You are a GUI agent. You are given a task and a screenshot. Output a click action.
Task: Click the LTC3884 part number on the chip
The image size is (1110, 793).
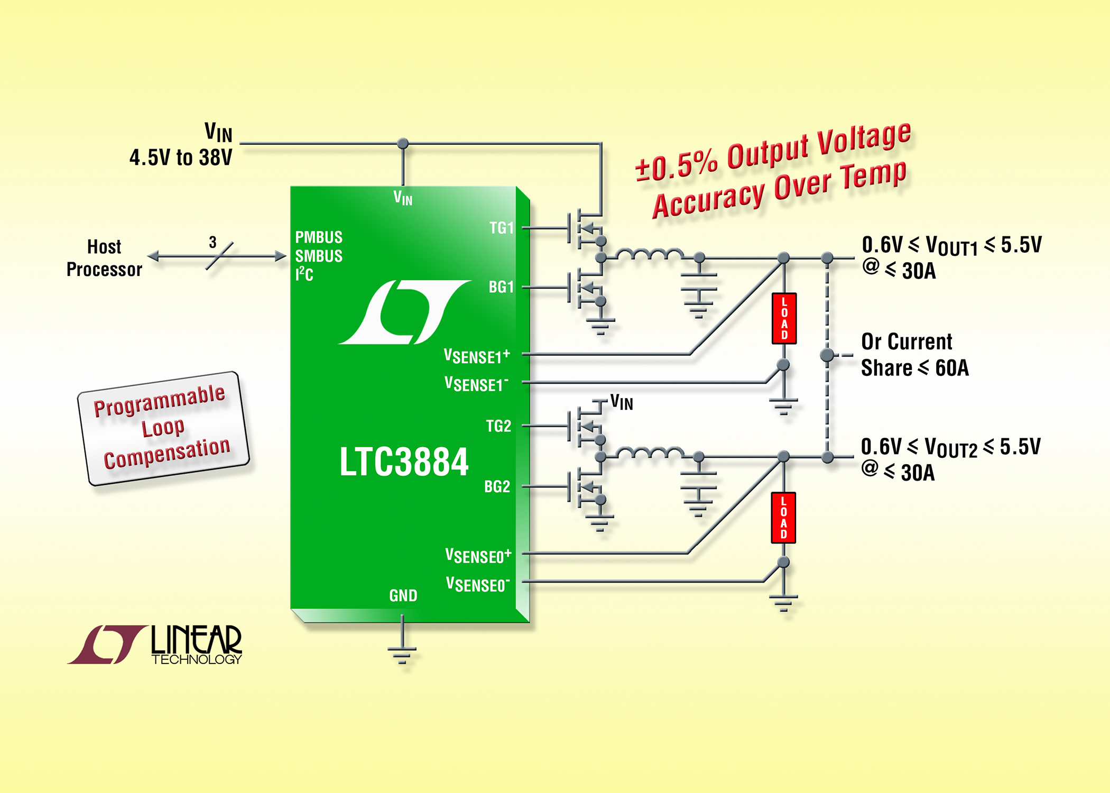pos(404,462)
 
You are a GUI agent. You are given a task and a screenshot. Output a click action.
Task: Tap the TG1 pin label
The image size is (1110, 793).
pos(501,228)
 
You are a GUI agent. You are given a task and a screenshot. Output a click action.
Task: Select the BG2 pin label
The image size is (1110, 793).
pos(497,486)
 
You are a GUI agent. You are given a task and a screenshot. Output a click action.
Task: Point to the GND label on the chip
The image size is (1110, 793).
pos(403,596)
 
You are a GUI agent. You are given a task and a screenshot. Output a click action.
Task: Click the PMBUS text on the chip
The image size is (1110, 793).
pos(319,237)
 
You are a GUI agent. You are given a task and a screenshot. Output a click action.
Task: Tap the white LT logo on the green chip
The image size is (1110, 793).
pos(404,312)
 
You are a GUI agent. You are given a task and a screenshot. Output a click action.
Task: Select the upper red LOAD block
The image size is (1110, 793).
pos(784,318)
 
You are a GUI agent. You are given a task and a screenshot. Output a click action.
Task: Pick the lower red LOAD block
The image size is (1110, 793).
pos(783,518)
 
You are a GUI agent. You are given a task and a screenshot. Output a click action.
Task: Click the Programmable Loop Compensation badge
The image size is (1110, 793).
pos(163,428)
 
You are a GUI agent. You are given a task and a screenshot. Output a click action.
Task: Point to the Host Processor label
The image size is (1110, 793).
pos(104,258)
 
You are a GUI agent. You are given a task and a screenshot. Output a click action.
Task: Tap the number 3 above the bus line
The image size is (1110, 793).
pos(212,242)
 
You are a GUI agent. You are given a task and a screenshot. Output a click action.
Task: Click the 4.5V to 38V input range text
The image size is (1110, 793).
pos(181,158)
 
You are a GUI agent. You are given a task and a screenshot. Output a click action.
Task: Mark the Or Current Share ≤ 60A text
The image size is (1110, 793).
pos(914,355)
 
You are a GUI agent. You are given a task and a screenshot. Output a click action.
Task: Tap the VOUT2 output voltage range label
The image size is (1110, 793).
pos(950,447)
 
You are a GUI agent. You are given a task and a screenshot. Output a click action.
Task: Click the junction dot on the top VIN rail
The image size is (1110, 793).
pos(403,143)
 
